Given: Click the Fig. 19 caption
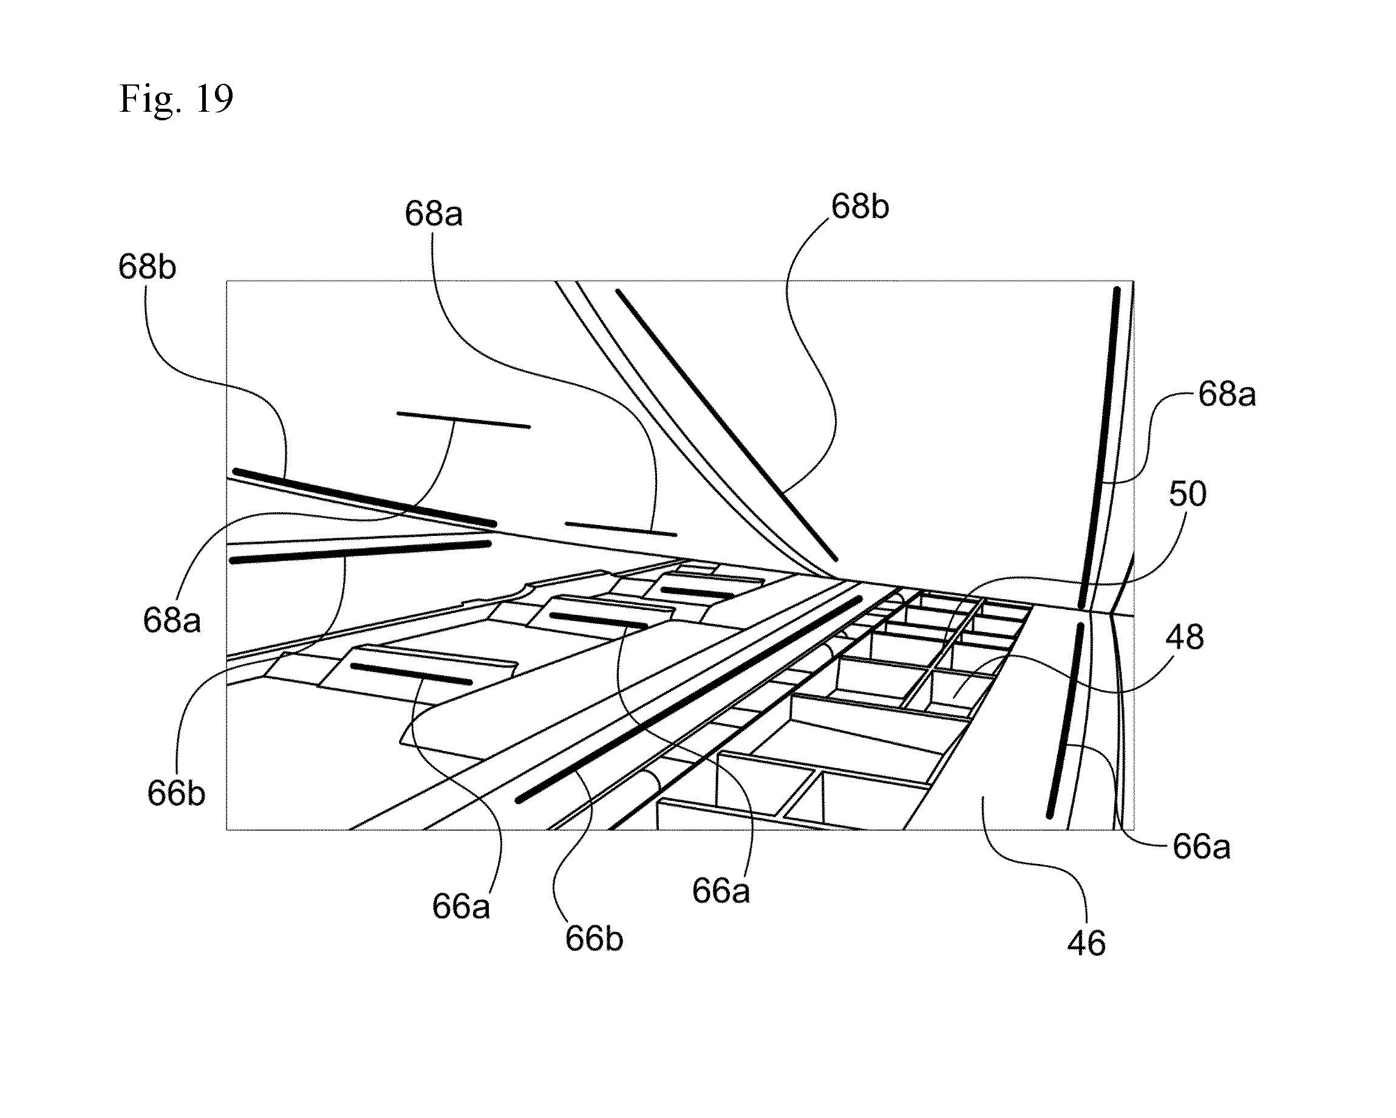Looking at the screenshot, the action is coord(175,100).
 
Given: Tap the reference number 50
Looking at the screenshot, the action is coord(1188,493).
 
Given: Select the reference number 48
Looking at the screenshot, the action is coord(1185,637).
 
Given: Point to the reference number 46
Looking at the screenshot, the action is coord(1086,944).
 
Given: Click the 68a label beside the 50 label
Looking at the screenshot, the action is coord(1227,394).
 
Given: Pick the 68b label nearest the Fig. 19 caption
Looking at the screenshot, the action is coord(147,267).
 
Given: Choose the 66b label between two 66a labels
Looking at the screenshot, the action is coord(594,939).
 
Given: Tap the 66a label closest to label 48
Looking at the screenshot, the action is coord(1202,846).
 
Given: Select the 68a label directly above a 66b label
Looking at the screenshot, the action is coord(172,620).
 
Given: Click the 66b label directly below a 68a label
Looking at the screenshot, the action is coord(176,793).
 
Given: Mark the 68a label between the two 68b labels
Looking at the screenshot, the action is coord(434,214).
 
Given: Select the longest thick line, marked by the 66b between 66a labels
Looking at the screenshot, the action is coord(689,699).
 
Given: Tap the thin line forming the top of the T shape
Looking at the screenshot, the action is coord(463,420).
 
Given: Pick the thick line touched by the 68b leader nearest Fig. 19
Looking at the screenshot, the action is coord(364,497).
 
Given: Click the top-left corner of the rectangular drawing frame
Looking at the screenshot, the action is coord(226,281).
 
